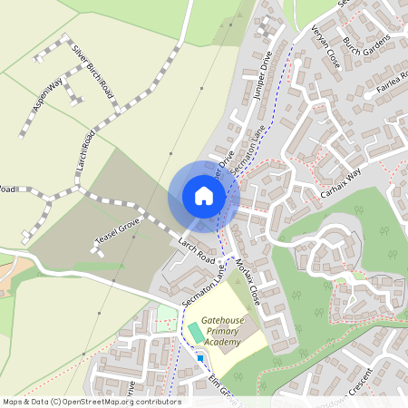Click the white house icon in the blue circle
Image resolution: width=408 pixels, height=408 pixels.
(x=204, y=196)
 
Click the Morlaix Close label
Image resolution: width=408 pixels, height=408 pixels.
(x=247, y=276)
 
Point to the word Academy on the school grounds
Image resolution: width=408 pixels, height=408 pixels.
(x=223, y=343)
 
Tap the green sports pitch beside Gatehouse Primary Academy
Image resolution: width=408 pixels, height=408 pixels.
(x=196, y=333)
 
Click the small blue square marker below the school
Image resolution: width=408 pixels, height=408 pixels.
(x=199, y=358)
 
